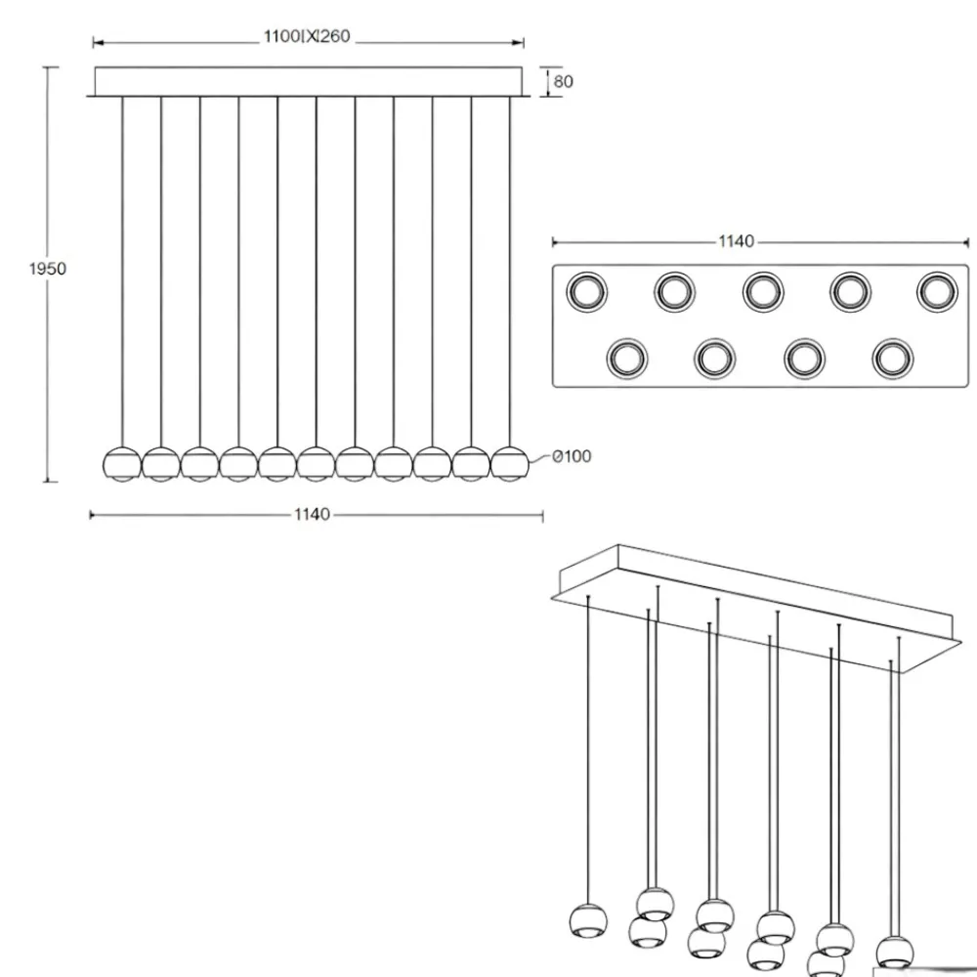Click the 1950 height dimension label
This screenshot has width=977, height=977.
[x=47, y=269]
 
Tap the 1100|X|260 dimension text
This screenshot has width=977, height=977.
[x=307, y=36]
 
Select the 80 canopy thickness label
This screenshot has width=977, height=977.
[x=563, y=82]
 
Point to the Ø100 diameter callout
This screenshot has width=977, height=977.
[x=572, y=456]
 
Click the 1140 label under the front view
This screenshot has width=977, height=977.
[x=313, y=514]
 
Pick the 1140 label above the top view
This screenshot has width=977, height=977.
[x=737, y=241]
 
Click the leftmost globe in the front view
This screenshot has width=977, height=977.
[x=121, y=464]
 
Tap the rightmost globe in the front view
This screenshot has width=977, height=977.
[x=510, y=464]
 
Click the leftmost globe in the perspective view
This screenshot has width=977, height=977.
[x=588, y=921]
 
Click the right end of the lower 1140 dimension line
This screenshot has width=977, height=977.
[x=542, y=515]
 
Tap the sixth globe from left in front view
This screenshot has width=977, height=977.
[x=316, y=464]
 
